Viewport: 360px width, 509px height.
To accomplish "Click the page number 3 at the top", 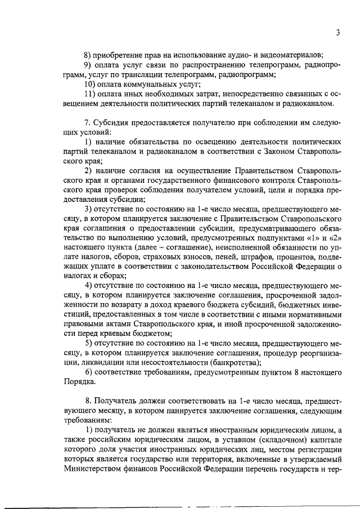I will pyautogui.click(x=337, y=33).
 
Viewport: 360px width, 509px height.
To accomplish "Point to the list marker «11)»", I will pyautogui.click(x=90, y=94).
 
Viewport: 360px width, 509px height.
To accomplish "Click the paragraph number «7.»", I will pyautogui.click(x=88, y=122).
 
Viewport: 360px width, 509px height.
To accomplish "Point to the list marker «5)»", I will pyautogui.click(x=88, y=343).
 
